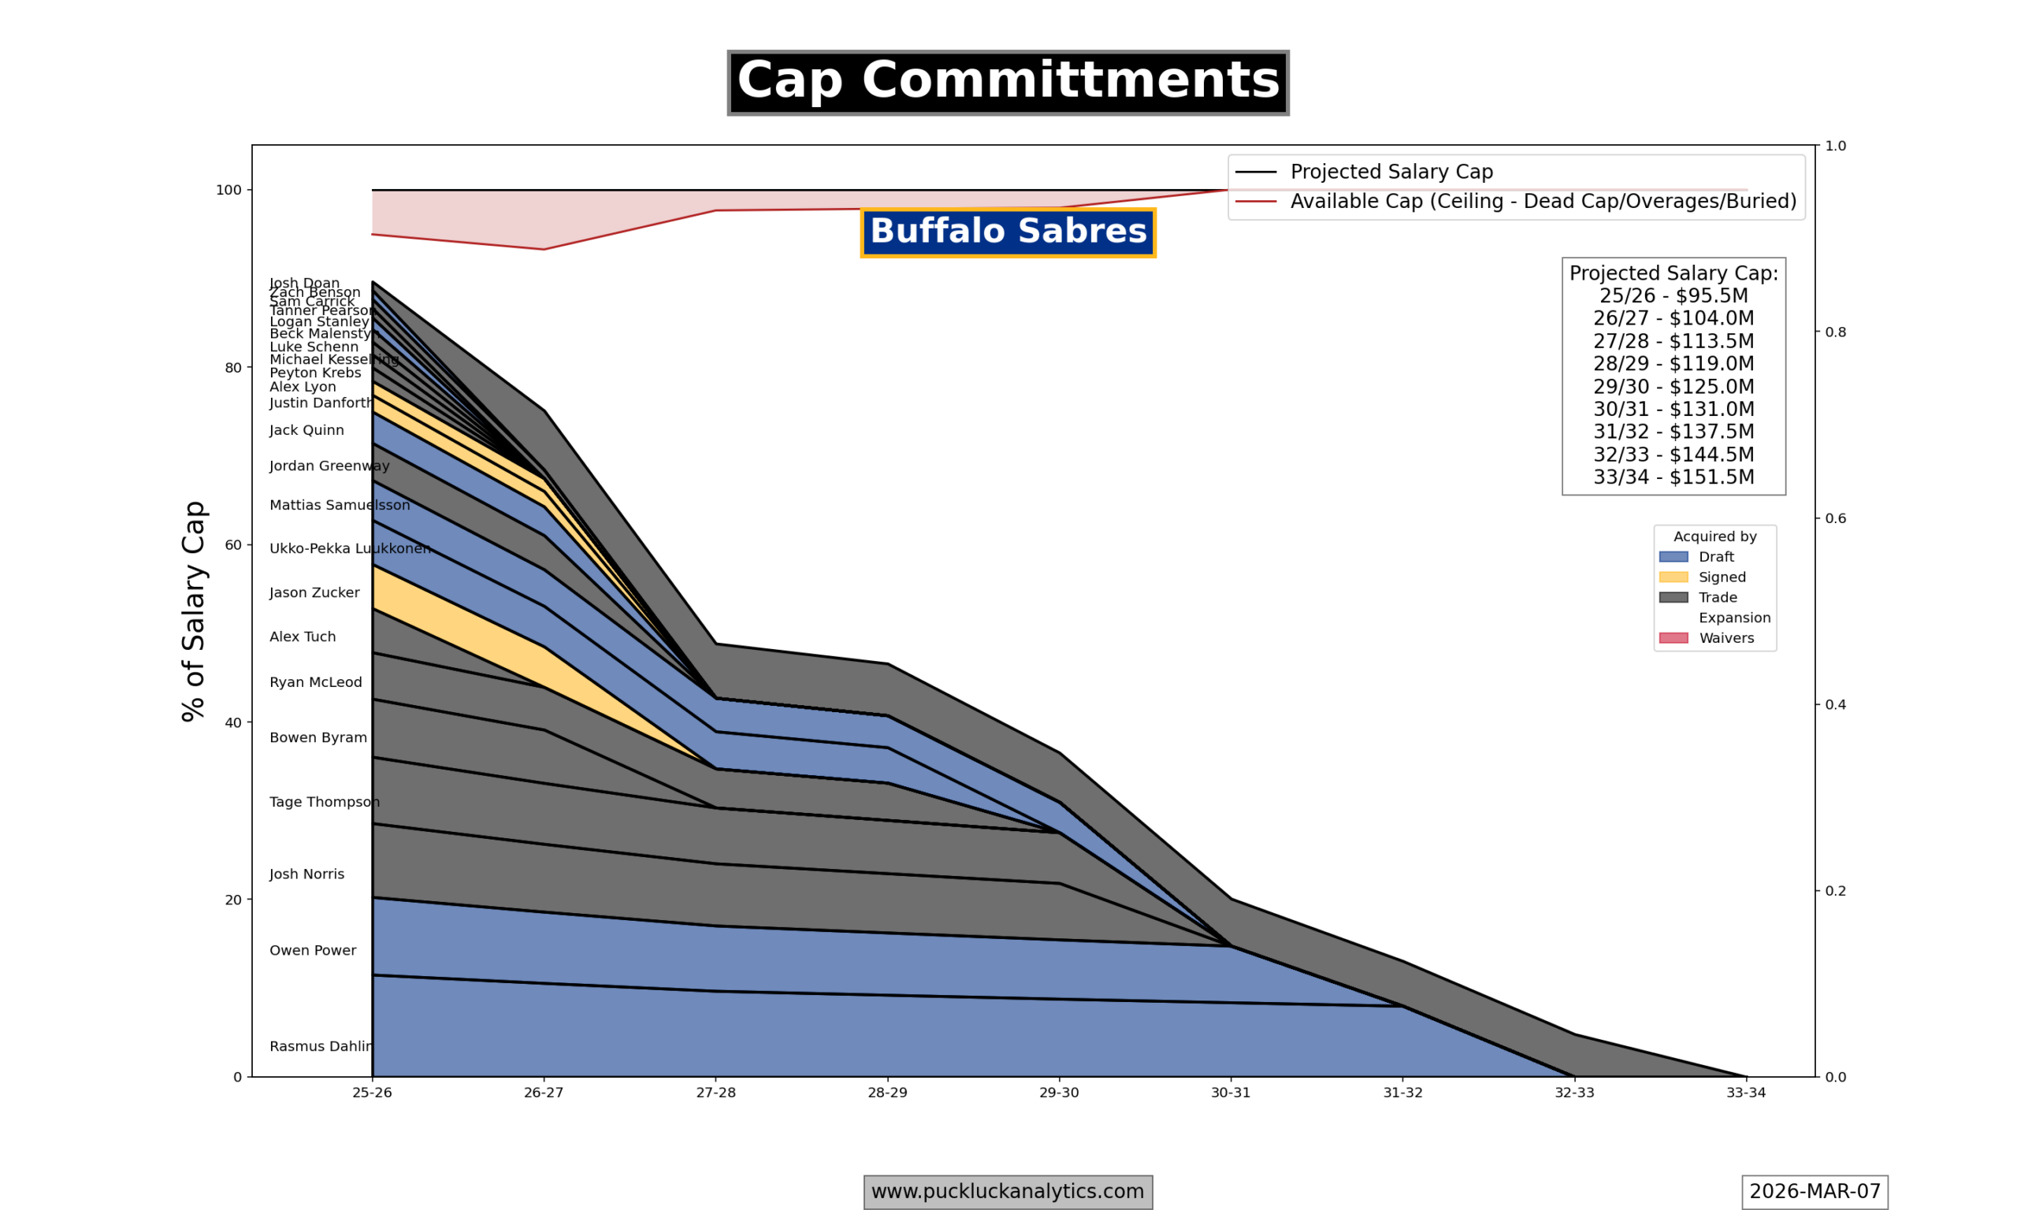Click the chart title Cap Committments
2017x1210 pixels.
point(1008,83)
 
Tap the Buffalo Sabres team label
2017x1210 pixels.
point(1008,232)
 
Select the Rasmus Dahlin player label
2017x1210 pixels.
point(321,1046)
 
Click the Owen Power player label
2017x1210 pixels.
point(312,950)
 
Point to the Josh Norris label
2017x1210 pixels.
point(306,874)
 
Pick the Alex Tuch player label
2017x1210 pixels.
point(303,637)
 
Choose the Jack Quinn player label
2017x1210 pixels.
point(306,431)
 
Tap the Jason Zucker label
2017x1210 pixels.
point(314,592)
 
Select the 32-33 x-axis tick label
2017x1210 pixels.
point(1573,1093)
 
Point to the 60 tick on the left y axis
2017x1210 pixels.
point(233,544)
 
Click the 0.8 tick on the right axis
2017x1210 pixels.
point(1835,332)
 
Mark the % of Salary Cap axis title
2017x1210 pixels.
point(193,611)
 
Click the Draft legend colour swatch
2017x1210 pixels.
point(1673,557)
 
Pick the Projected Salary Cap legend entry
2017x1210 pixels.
point(1391,172)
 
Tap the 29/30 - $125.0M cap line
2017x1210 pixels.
point(1673,387)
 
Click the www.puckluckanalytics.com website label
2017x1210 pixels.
point(1008,1191)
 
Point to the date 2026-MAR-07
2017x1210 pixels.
point(1814,1191)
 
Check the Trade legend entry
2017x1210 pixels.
point(1717,598)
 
